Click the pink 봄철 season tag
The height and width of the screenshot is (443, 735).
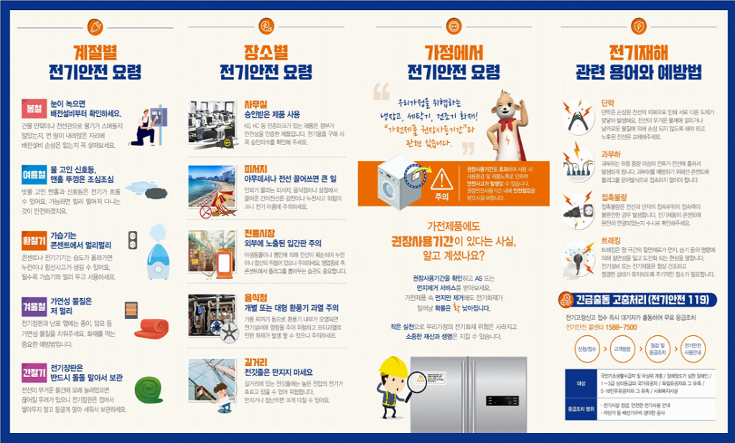click(34, 108)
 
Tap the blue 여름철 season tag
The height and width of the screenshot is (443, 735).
click(34, 173)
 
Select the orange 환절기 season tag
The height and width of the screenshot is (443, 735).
click(34, 239)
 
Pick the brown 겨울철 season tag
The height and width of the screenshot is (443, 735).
click(34, 304)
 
